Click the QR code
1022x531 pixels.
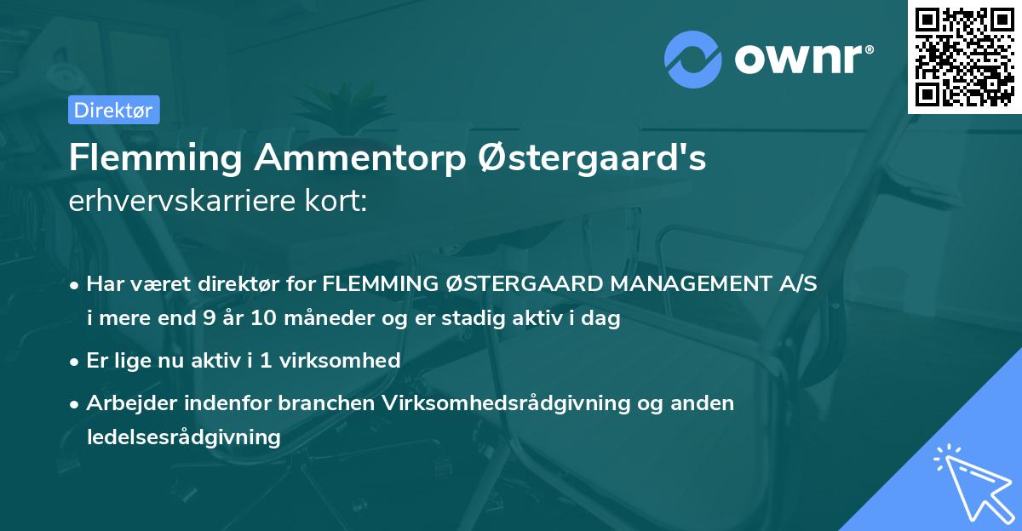coord(965,57)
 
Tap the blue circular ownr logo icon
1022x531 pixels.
coord(693,60)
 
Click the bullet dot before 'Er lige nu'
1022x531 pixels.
coord(76,361)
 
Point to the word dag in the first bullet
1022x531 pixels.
coord(601,319)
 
